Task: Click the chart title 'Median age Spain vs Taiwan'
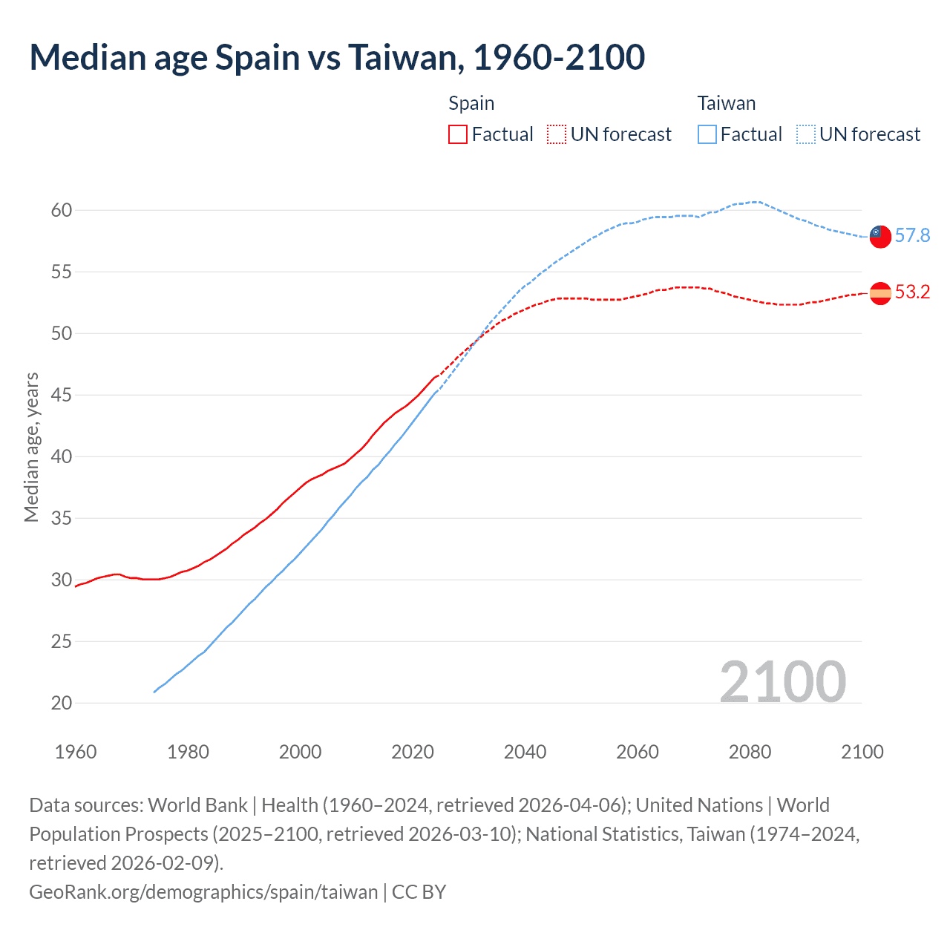click(337, 58)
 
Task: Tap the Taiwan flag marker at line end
click(879, 236)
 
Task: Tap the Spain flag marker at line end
click(879, 293)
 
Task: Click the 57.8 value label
click(912, 236)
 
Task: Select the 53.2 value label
click(912, 292)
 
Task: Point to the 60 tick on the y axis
click(62, 211)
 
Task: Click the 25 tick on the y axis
click(62, 642)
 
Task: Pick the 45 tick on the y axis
click(62, 396)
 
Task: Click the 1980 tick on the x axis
click(188, 752)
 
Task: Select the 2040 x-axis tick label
click(525, 752)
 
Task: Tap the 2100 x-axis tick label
click(862, 752)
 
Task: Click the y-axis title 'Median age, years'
click(31, 448)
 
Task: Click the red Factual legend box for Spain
click(458, 134)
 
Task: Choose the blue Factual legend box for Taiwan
click(707, 134)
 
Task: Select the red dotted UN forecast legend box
click(557, 134)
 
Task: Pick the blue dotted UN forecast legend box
click(806, 134)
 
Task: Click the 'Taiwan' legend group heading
click(726, 103)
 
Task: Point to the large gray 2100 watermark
click(782, 682)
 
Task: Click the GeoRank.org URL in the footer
click(203, 891)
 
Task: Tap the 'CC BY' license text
click(419, 891)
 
